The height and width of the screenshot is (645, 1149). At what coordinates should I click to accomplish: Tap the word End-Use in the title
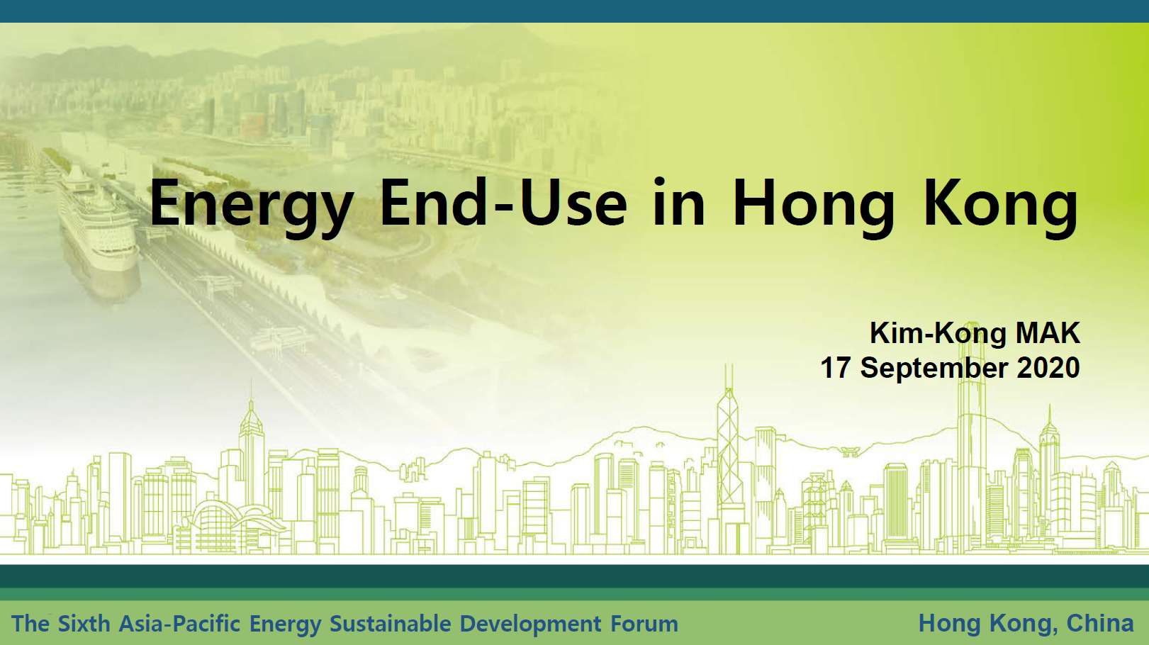point(503,202)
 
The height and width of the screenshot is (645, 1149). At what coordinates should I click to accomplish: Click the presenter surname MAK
point(1048,333)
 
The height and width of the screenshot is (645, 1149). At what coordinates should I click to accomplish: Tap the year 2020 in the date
point(1048,368)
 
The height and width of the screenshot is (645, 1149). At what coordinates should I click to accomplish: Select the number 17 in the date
point(836,368)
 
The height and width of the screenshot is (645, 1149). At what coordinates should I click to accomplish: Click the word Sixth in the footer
point(84,624)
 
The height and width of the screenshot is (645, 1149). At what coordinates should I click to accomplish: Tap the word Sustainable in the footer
point(391,624)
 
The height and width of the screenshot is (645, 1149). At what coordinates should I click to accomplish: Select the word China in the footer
point(1100,623)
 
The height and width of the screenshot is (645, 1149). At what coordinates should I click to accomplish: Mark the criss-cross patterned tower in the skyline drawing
point(729,451)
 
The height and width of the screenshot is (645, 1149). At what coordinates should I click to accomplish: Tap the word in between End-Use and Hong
point(678,203)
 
